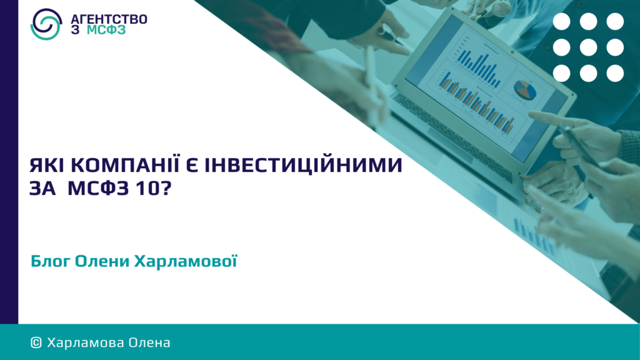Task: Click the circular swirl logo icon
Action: [x=46, y=24]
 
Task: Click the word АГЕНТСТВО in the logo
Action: [x=109, y=19]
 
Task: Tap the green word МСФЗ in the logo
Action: [x=106, y=30]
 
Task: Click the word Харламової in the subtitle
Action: [x=186, y=261]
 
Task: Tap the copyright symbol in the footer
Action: [x=36, y=343]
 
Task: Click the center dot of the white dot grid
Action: [x=588, y=47]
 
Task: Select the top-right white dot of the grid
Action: [x=615, y=22]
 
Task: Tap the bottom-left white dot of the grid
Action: [x=562, y=74]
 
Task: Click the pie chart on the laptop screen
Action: [x=525, y=90]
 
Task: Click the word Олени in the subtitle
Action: [x=102, y=262]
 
